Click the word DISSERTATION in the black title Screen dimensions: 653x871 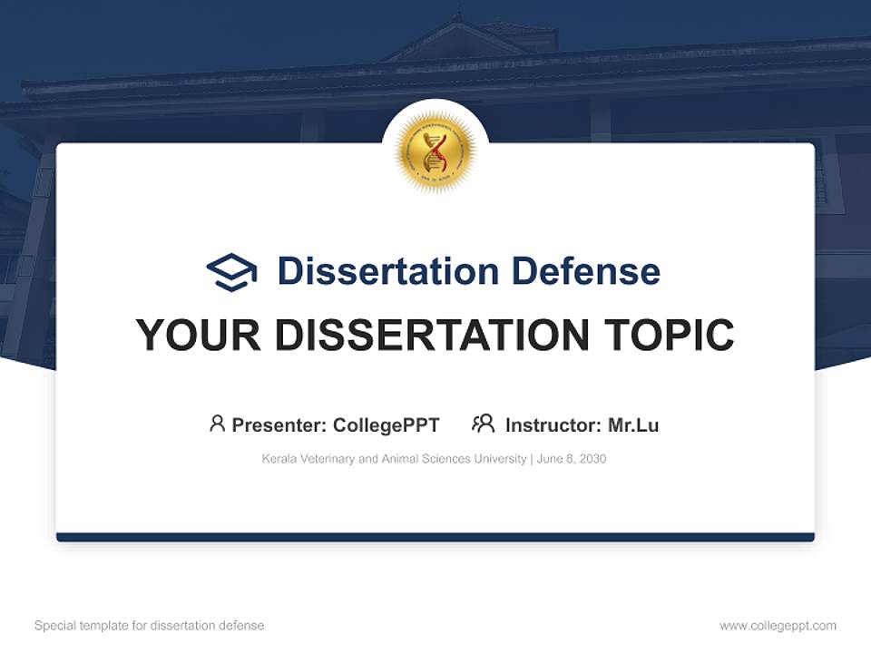coord(431,336)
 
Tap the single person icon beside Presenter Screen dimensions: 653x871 coord(217,424)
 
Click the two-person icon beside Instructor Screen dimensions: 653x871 coord(483,424)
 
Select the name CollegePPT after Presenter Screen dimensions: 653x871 coord(387,424)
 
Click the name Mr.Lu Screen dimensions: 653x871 coord(633,424)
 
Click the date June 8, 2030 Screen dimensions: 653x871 coord(572,459)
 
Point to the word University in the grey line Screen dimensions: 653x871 coord(499,459)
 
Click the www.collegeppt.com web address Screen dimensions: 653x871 coord(778,626)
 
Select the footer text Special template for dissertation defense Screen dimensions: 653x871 coord(149,626)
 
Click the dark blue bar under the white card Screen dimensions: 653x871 coord(435,537)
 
